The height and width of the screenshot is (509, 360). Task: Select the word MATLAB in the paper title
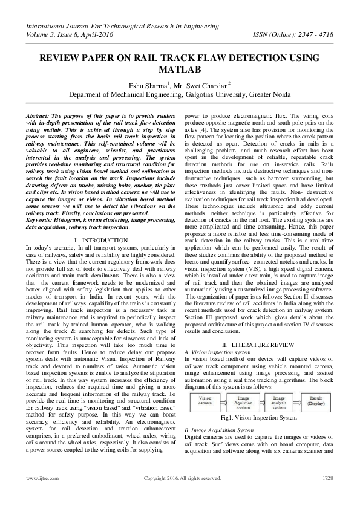[180, 69]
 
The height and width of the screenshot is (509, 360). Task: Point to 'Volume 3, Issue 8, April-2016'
[68, 34]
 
